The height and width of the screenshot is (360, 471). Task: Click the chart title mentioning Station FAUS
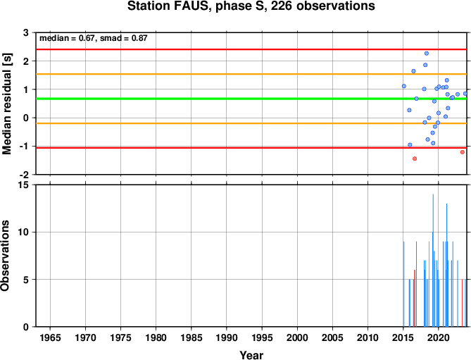(251, 6)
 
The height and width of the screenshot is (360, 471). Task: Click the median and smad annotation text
(94, 38)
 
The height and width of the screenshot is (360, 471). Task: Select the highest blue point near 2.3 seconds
(426, 54)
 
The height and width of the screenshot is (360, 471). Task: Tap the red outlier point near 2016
(415, 159)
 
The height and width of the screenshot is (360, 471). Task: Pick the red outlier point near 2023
(463, 152)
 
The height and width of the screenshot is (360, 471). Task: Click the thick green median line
(251, 99)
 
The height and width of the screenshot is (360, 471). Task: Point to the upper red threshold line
(251, 49)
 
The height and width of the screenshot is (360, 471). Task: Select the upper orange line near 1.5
(251, 74)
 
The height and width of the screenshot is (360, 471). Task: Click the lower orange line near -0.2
(251, 123)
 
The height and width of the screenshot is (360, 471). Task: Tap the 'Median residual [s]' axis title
(7, 104)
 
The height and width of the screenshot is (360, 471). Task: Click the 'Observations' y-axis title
(5, 256)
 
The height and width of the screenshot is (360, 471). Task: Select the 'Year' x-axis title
(251, 355)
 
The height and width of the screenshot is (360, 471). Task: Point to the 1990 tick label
(227, 337)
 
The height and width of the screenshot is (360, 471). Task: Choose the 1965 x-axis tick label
(50, 337)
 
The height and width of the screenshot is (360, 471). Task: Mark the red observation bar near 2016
(415, 298)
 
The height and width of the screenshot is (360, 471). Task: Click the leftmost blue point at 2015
(403, 86)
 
